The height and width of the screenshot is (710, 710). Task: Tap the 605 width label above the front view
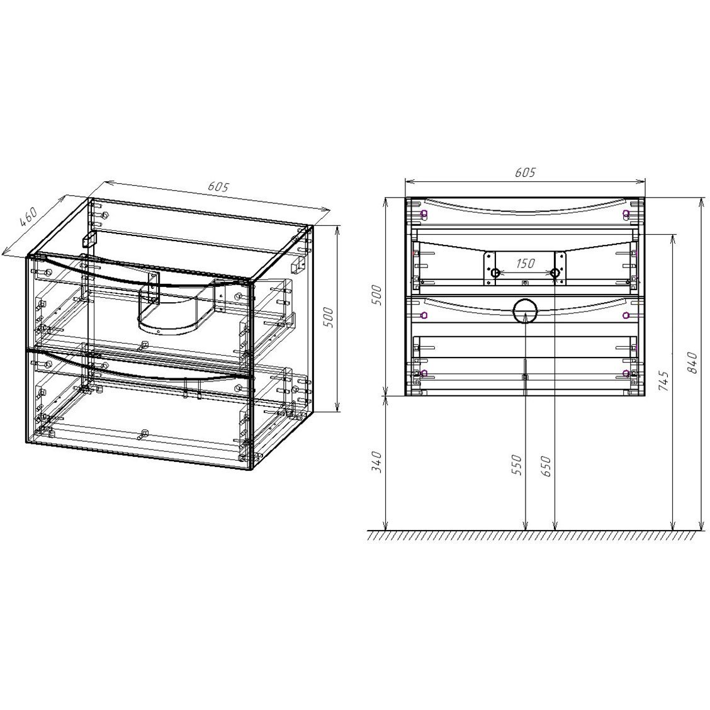pos(524,172)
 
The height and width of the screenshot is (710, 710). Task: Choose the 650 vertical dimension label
pos(546,465)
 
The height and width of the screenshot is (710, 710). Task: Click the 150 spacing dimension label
pos(526,264)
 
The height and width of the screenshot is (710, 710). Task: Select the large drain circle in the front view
pos(525,312)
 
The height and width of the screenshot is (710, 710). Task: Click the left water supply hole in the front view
pos(495,273)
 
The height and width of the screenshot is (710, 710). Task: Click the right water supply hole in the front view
pos(555,273)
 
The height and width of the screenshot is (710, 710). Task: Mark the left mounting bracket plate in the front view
pos(489,268)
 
